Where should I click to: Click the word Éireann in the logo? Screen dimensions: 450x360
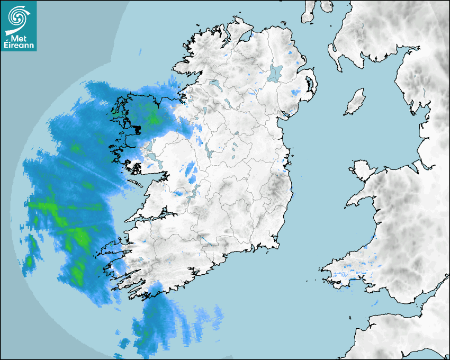tap(20, 46)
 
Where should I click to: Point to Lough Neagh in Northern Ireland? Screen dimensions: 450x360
tap(275, 73)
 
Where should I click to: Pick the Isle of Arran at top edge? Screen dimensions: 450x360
tap(308, 12)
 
